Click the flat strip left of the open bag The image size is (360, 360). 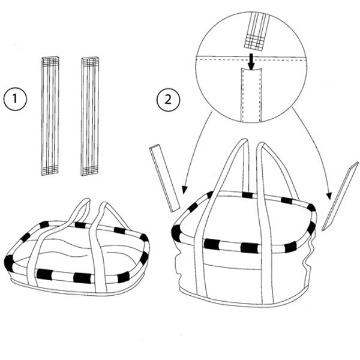(x=165, y=178)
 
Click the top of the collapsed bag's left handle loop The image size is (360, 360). (x=81, y=204)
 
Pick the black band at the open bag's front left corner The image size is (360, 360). (x=176, y=232)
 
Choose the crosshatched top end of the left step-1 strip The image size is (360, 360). (x=50, y=61)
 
